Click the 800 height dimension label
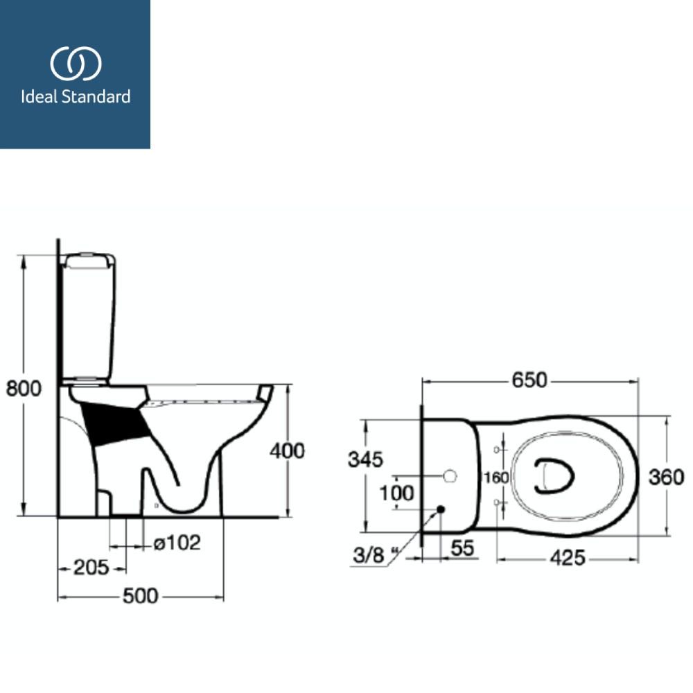tap(24, 388)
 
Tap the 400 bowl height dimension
tap(288, 451)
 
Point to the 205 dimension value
tap(91, 568)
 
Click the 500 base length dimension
tap(140, 596)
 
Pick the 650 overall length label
tap(529, 380)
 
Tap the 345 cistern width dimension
tap(365, 459)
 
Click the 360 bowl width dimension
tap(667, 477)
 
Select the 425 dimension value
tap(568, 558)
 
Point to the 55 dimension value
tap(462, 548)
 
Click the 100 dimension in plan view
tap(397, 493)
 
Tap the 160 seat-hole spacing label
tap(496, 477)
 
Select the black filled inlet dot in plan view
tap(440, 509)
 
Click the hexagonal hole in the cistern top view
tap(450, 477)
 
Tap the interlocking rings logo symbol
tap(76, 64)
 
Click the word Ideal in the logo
tap(39, 97)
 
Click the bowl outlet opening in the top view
tap(554, 475)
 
